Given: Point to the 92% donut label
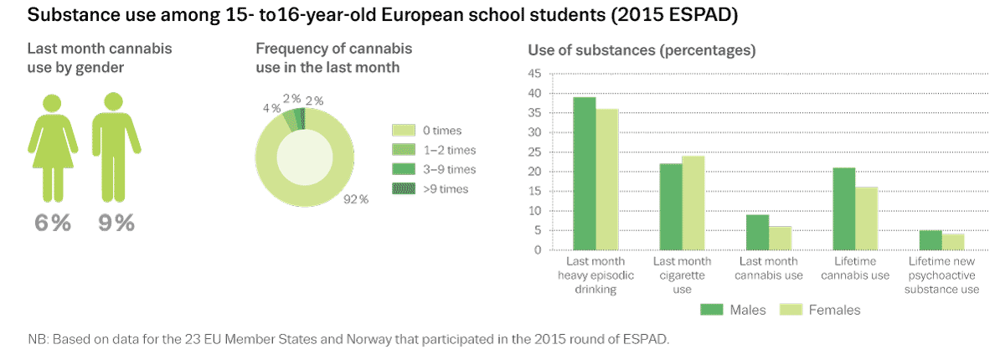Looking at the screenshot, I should pyautogui.click(x=357, y=199).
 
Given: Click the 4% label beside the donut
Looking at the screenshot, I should pyautogui.click(x=271, y=108).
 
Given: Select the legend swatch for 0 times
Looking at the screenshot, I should pyautogui.click(x=404, y=131).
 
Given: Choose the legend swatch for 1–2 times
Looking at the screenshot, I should pyautogui.click(x=404, y=150).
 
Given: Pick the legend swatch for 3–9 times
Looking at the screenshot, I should pyautogui.click(x=404, y=169).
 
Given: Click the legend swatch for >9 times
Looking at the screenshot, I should pyautogui.click(x=404, y=188).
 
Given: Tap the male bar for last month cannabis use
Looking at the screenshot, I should pyautogui.click(x=757, y=232).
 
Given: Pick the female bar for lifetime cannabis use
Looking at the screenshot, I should pyautogui.click(x=865, y=218).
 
